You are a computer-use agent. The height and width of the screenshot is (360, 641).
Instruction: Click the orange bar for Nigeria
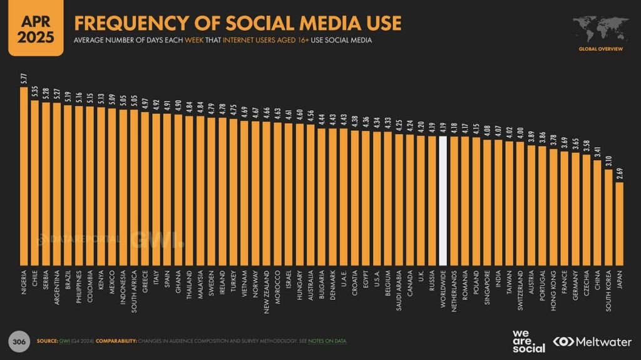pos(24,175)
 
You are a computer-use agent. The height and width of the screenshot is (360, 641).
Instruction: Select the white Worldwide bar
pos(443,200)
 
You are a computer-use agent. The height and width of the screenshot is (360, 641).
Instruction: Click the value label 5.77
pos(24,80)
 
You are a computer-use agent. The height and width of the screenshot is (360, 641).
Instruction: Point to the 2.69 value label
pos(619,175)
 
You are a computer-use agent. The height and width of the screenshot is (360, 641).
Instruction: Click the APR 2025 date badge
pos(36,29)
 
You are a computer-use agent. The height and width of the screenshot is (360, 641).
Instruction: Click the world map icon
pos(599,29)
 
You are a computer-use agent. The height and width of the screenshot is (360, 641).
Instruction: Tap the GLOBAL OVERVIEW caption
pos(600,48)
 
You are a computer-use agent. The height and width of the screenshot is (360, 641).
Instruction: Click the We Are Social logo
pos(528,341)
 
